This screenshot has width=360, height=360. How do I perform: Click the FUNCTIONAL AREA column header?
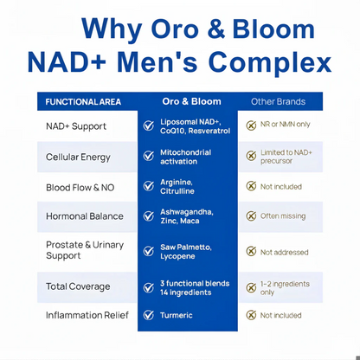pos(83,102)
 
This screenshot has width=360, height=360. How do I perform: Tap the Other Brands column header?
pos(279,102)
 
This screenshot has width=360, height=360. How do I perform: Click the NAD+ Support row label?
pos(76,126)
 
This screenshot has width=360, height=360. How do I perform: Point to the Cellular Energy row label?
pos(78,157)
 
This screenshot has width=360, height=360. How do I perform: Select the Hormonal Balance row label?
pos(85,215)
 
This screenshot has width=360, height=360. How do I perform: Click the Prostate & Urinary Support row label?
pos(85,250)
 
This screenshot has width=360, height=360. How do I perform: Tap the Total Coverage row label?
pos(78,286)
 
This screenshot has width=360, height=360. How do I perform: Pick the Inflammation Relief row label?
pos(87,315)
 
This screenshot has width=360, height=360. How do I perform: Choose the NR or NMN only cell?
pos(285,125)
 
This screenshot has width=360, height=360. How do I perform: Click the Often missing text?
pos(282,216)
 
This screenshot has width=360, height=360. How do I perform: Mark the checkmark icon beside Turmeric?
pos(149,315)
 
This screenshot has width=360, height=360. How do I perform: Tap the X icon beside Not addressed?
pos(251,252)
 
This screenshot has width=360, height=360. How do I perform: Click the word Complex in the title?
pos(273,62)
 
